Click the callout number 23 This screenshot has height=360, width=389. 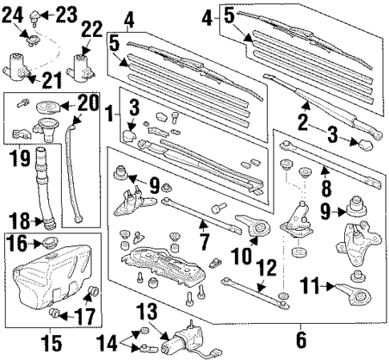pyautogui.click(x=67, y=13)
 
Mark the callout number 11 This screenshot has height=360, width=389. pyautogui.click(x=313, y=283)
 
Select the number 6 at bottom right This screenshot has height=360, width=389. pyautogui.click(x=301, y=340)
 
